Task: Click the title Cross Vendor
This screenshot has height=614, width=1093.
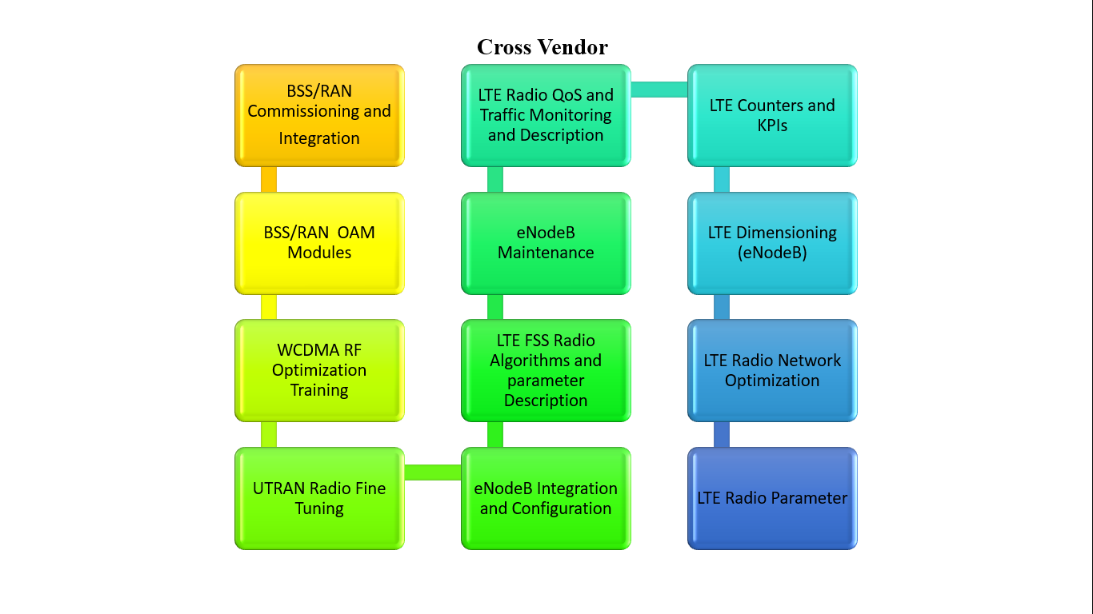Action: coord(542,47)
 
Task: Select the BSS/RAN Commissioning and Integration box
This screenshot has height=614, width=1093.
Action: coord(319,116)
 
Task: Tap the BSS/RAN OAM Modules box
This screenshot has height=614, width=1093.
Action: coord(319,243)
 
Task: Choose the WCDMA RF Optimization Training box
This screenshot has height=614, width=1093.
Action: coord(319,371)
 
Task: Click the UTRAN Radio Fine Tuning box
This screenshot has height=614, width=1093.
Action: coord(319,498)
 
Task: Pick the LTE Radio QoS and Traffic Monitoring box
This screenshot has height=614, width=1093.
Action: coord(546,116)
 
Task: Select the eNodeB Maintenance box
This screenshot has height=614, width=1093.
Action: coord(546,243)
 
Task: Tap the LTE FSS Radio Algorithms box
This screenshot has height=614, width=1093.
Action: coord(546,371)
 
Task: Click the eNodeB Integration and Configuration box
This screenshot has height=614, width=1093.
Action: coord(546,498)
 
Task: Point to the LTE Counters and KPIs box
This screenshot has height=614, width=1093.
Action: coord(772,116)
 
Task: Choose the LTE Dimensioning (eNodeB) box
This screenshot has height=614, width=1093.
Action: coord(772,243)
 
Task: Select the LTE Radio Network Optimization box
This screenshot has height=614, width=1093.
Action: coord(772,371)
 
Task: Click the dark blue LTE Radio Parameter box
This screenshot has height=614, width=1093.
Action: coord(772,498)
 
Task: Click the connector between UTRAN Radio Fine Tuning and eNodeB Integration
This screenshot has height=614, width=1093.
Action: coord(433,472)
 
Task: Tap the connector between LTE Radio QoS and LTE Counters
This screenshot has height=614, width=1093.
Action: coord(659,90)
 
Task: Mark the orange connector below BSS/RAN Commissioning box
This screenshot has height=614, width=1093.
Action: coord(269,179)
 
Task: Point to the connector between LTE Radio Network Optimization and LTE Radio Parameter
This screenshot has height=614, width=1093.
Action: coord(722,435)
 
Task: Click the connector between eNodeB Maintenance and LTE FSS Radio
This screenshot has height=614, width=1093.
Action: coord(495,307)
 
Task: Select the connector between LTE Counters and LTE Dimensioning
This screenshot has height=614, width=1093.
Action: coord(722,179)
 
